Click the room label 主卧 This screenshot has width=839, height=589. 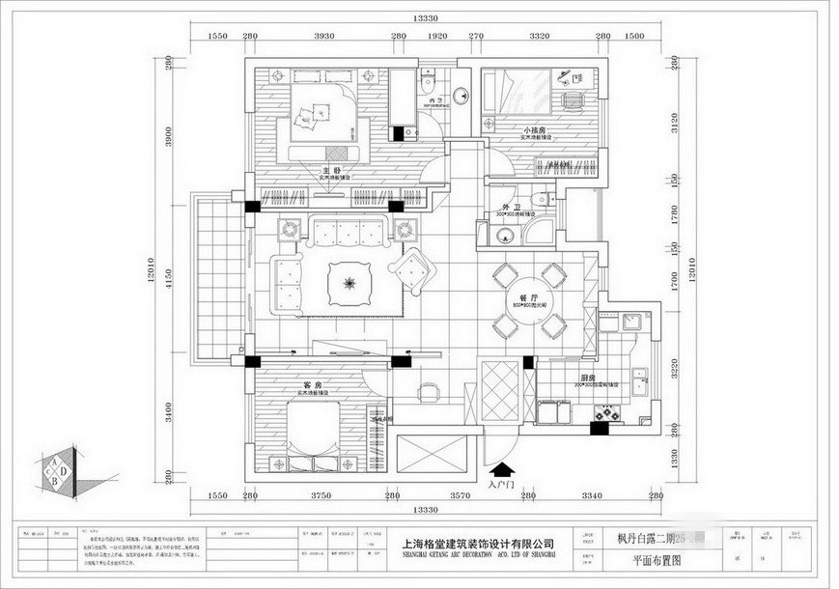[x=328, y=171]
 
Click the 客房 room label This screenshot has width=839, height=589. [x=311, y=385]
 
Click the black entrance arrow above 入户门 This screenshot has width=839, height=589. [x=502, y=470]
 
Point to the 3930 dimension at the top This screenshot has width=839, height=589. [x=324, y=36]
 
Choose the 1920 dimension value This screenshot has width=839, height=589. [x=436, y=36]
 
